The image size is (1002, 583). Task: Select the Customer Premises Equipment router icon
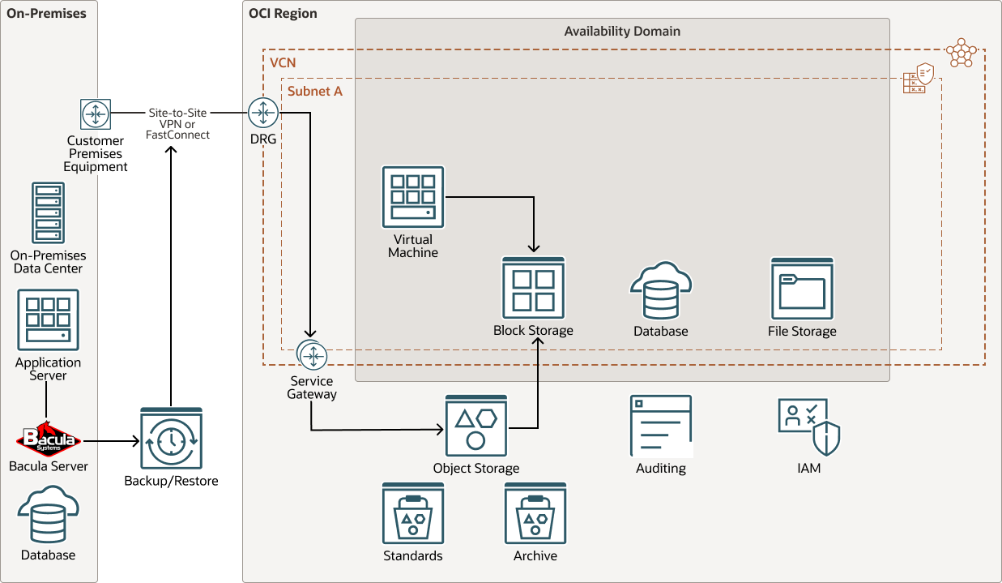96,114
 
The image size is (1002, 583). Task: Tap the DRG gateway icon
263,113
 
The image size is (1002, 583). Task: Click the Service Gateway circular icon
312,355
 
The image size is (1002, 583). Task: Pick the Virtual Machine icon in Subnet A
413,197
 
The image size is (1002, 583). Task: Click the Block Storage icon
533,288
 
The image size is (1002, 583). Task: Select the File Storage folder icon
802,289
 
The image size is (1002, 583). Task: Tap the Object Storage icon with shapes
476,427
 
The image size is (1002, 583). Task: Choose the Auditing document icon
661,427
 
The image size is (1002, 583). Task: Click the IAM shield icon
808,427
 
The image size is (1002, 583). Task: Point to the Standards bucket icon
413,513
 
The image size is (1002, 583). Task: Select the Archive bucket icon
535,513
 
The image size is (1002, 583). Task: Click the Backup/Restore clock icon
171,439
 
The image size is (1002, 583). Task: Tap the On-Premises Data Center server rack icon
48,213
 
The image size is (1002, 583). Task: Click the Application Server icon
48,320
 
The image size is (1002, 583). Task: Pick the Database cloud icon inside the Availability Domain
661,290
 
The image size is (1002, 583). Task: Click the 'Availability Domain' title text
622,32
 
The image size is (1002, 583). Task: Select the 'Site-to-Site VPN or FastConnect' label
177,124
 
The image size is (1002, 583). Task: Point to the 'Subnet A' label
315,92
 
